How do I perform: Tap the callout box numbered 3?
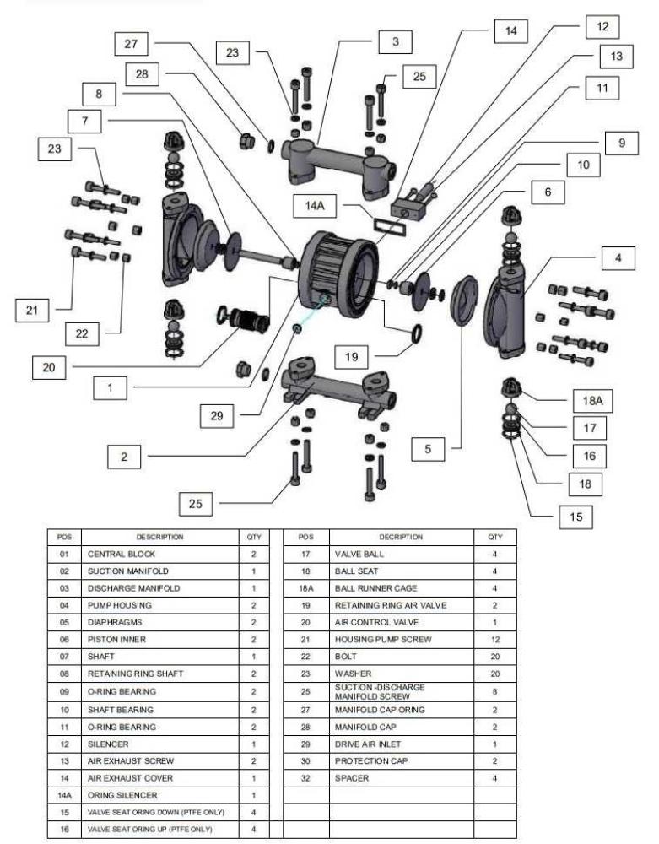tap(395, 41)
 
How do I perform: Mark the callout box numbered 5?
tap(428, 449)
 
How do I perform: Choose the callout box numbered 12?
tap(602, 26)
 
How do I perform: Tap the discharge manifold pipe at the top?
tap(333, 156)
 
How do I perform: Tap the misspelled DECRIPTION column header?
tap(401, 537)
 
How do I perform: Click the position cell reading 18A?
tap(306, 588)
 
